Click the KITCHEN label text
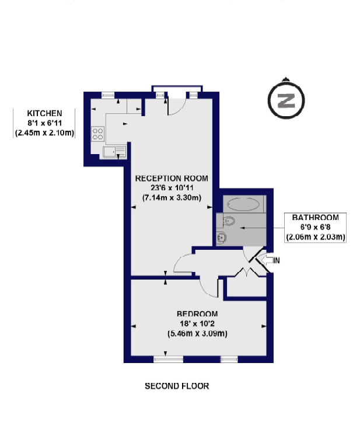(44, 113)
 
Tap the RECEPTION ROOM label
(171, 178)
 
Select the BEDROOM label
(197, 313)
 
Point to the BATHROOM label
(315, 218)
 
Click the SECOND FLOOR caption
(177, 386)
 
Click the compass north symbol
(285, 100)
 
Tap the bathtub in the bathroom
(244, 204)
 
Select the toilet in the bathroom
(229, 221)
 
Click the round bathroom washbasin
(222, 237)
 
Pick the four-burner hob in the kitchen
(98, 134)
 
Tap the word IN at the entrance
(276, 260)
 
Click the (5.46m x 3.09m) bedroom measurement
(197, 334)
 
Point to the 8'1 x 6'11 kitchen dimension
(44, 123)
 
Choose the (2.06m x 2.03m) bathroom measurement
(315, 237)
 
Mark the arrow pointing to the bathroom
(257, 227)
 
